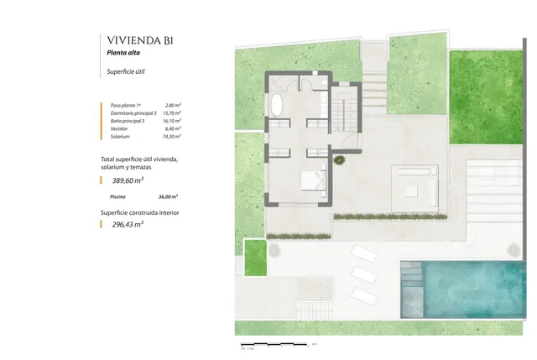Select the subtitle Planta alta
(x=123, y=54)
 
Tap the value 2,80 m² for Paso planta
(x=174, y=105)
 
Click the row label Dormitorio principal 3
(x=133, y=113)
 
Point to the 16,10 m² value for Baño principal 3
(x=173, y=121)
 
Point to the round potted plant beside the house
(x=338, y=159)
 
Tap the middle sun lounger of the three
(x=363, y=274)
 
